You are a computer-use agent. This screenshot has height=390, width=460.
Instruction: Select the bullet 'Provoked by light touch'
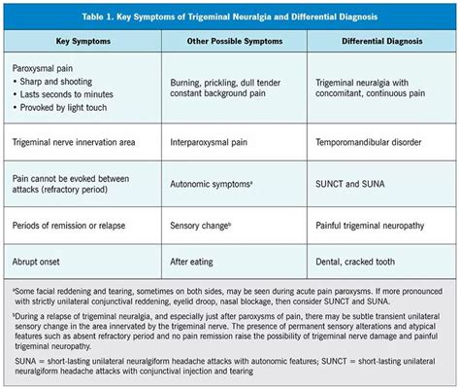point(74,111)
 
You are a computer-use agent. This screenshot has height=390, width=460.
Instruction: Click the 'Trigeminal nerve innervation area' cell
point(84,142)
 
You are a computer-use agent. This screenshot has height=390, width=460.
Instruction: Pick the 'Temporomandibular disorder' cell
point(375,142)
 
